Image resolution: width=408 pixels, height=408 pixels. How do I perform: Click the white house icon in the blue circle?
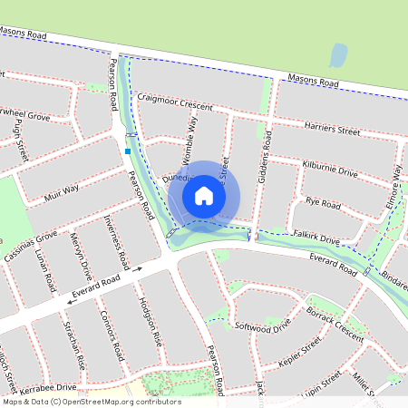204,196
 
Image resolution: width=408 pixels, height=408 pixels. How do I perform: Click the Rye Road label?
323,204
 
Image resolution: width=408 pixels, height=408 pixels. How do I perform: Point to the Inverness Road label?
116,241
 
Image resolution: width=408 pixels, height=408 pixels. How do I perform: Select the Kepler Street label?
299,353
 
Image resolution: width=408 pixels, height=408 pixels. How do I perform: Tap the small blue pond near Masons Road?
338,57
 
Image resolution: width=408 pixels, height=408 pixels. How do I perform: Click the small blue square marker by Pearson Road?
129,151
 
